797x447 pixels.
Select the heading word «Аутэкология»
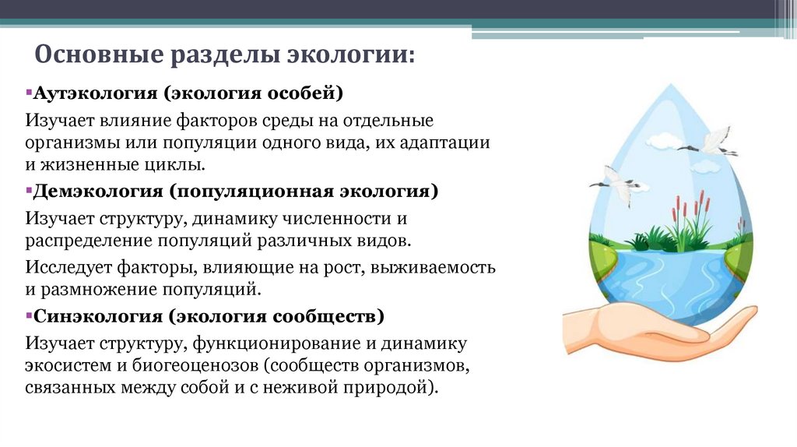[94, 93]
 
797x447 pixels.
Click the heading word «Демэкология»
[97, 192]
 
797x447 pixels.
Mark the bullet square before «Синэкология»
[27, 316]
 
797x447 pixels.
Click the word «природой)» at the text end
[405, 387]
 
